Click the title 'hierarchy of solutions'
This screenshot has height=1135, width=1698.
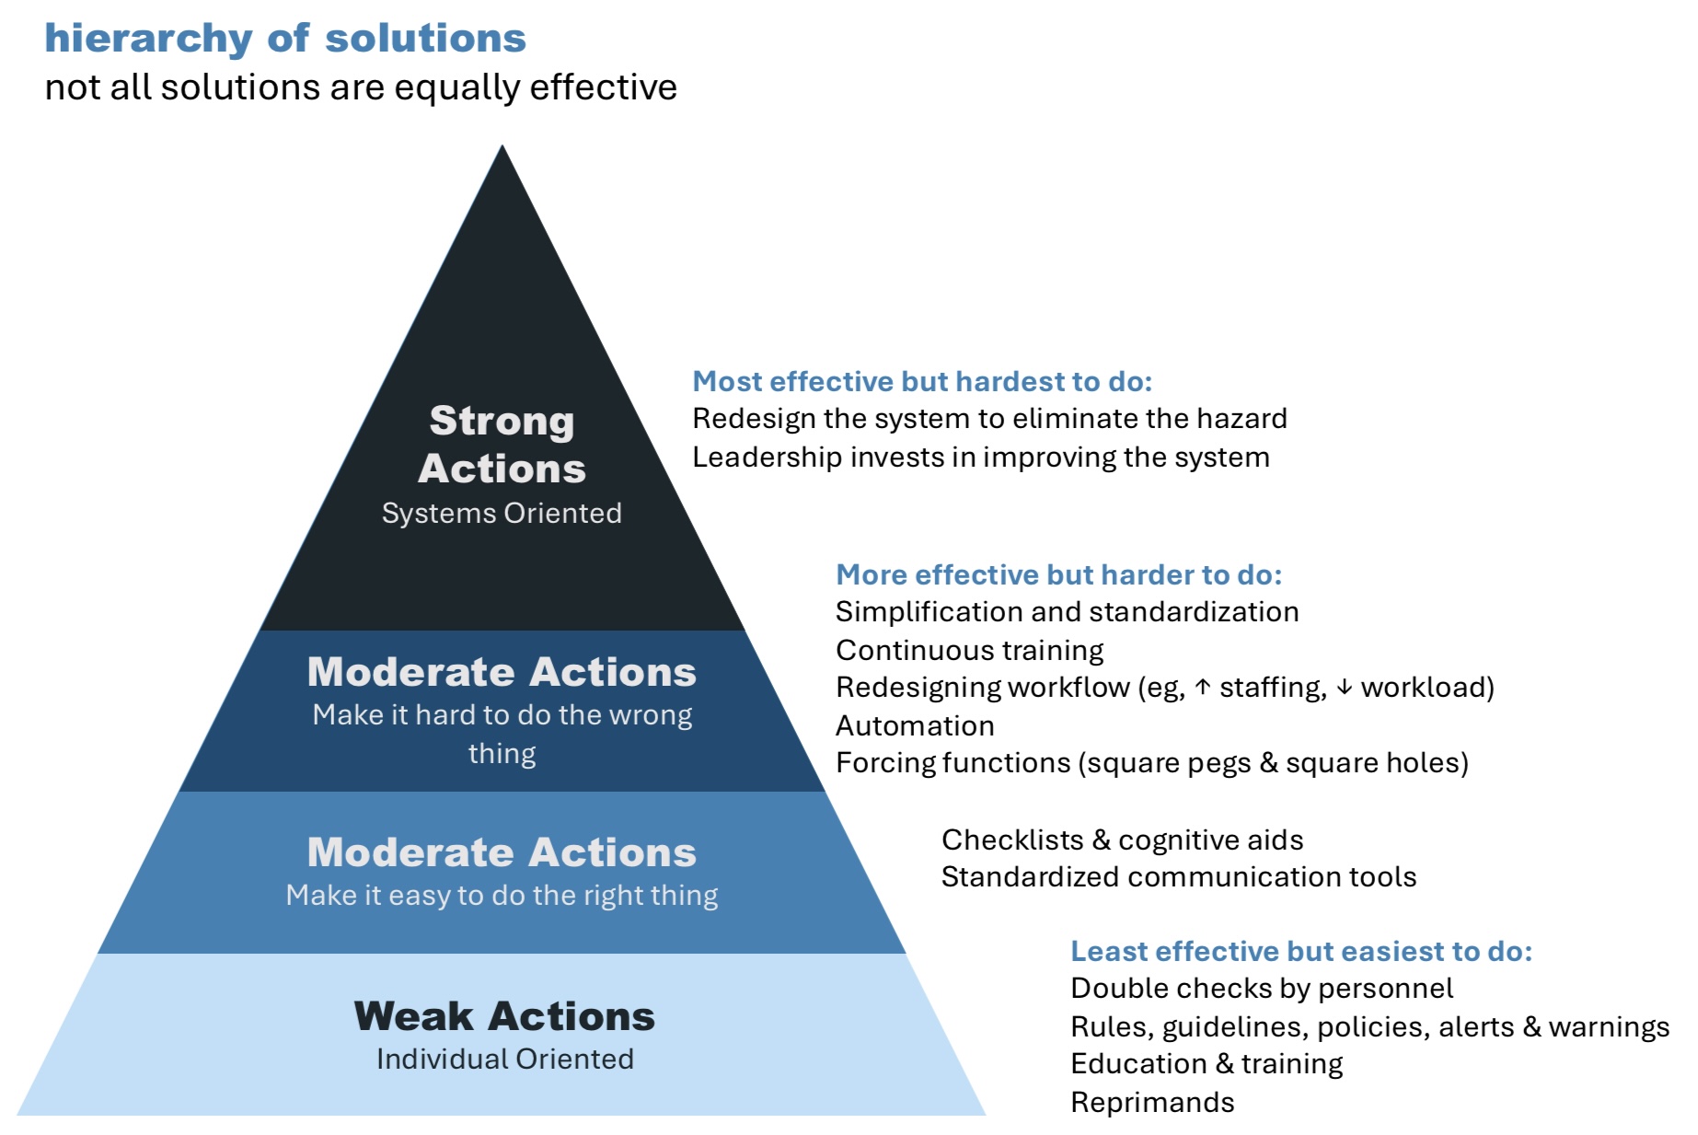[x=285, y=39]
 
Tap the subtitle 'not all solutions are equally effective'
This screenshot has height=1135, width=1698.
[x=361, y=87]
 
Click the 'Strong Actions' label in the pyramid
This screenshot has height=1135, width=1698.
[x=502, y=445]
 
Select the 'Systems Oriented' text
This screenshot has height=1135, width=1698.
[x=502, y=513]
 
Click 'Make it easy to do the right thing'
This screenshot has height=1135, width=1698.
[x=502, y=895]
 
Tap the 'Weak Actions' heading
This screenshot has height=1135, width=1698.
[x=504, y=1016]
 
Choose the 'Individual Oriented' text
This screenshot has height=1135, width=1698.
[x=504, y=1059]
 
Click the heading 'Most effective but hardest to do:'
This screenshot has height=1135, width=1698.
[x=922, y=381]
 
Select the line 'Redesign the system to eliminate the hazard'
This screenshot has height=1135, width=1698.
[x=989, y=419]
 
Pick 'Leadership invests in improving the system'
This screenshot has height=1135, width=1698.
[x=980, y=457]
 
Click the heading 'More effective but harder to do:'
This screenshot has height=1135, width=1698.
[x=1058, y=574]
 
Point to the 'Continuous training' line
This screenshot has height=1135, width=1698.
[x=969, y=650]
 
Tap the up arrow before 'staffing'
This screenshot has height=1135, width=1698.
[x=1202, y=688]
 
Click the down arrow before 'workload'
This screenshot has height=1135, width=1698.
[x=1345, y=688]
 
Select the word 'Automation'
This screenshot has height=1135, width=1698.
[x=915, y=725]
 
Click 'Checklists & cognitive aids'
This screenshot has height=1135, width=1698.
[x=1122, y=840]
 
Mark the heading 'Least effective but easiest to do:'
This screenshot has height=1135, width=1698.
[x=1301, y=951]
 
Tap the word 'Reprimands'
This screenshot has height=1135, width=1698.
[x=1152, y=1102]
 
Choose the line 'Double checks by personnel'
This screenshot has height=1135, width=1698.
[x=1262, y=989]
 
